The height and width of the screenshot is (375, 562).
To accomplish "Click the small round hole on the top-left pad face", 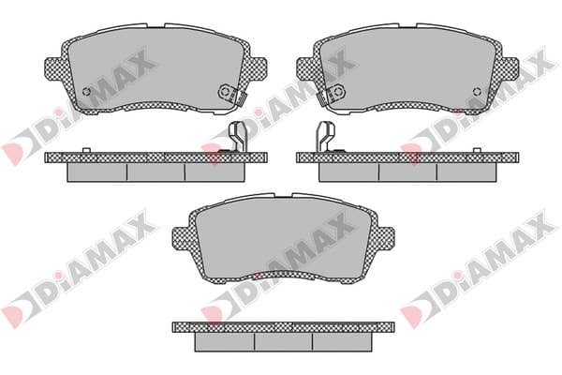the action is [86, 92].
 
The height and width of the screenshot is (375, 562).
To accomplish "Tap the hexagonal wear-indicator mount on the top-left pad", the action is [226, 92].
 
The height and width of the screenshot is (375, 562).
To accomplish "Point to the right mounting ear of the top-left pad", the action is [257, 69].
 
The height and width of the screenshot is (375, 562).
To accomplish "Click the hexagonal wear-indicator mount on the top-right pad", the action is [337, 92].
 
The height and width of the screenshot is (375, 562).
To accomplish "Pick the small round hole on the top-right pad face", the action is [477, 92].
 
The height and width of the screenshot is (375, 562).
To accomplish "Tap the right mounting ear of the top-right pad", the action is [509, 69].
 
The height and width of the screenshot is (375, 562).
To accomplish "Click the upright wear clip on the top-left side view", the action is [238, 137].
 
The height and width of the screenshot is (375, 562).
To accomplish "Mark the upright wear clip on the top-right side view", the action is [325, 137].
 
